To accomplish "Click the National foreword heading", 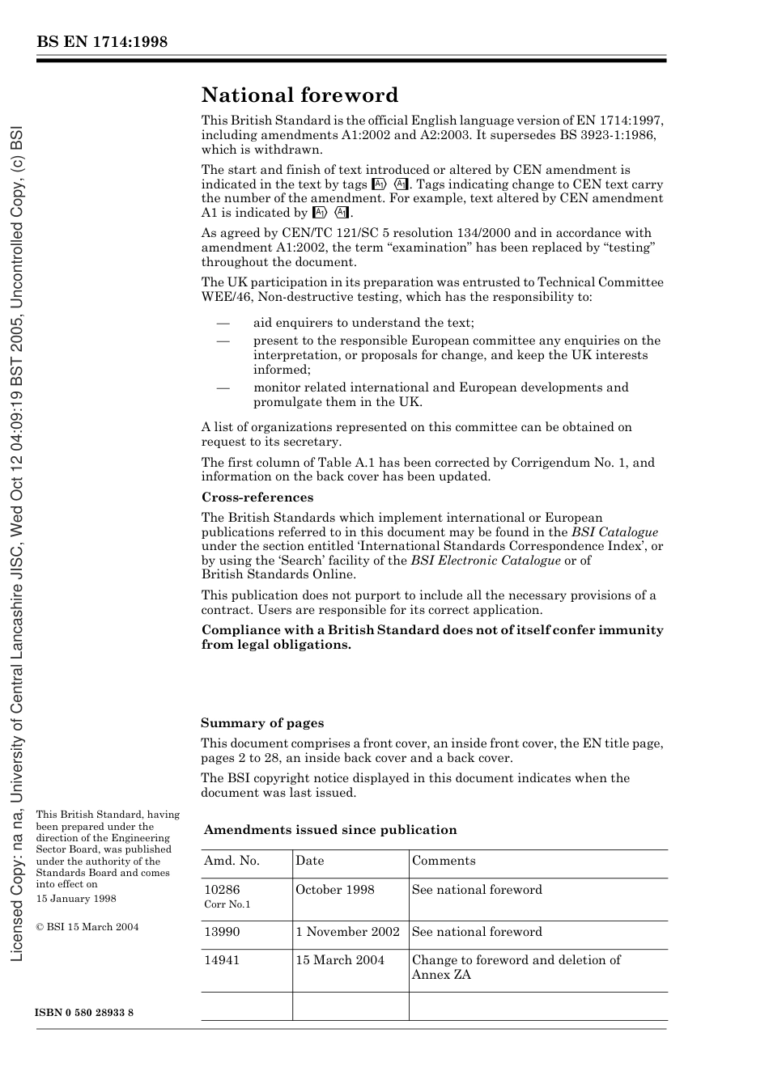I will [300, 95].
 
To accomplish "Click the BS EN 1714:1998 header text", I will [101, 42].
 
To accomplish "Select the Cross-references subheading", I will [257, 497].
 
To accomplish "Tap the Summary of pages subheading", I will [262, 723].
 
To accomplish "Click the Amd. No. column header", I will [232, 861].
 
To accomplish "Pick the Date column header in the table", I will [309, 861].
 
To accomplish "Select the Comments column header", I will [444, 861].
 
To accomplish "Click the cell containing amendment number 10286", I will [222, 890].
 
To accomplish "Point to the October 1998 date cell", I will [335, 890].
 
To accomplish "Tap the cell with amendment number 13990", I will [222, 932].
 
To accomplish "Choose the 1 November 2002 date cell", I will [347, 932].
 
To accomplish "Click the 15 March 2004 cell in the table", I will [340, 960].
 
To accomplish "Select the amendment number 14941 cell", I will [222, 960].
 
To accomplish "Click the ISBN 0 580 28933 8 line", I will [85, 1013].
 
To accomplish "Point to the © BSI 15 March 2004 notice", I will [87, 927].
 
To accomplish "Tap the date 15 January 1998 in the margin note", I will [76, 899].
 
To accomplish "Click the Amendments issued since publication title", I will [330, 830].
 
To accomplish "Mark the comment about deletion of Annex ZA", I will [516, 967].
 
